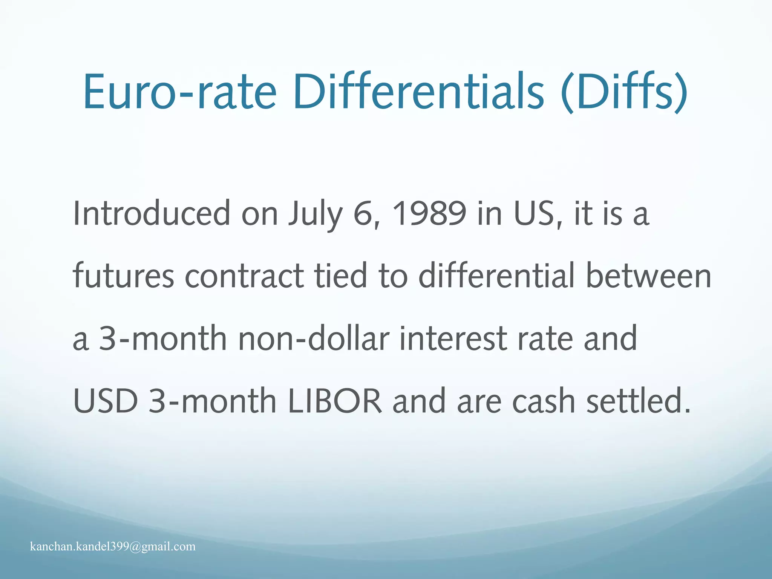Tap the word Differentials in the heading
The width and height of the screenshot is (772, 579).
pos(418,92)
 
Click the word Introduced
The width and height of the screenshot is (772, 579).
pos(151,214)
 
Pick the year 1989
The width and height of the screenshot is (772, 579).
pos(429,214)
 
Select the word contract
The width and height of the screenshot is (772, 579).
pos(244,276)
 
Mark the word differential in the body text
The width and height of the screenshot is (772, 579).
pos(496,276)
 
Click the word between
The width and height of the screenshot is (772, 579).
pos(648,276)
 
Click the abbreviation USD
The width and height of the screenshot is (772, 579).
pos(106,401)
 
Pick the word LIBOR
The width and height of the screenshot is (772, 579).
pos(335,401)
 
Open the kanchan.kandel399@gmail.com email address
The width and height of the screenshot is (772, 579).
pos(113,547)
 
